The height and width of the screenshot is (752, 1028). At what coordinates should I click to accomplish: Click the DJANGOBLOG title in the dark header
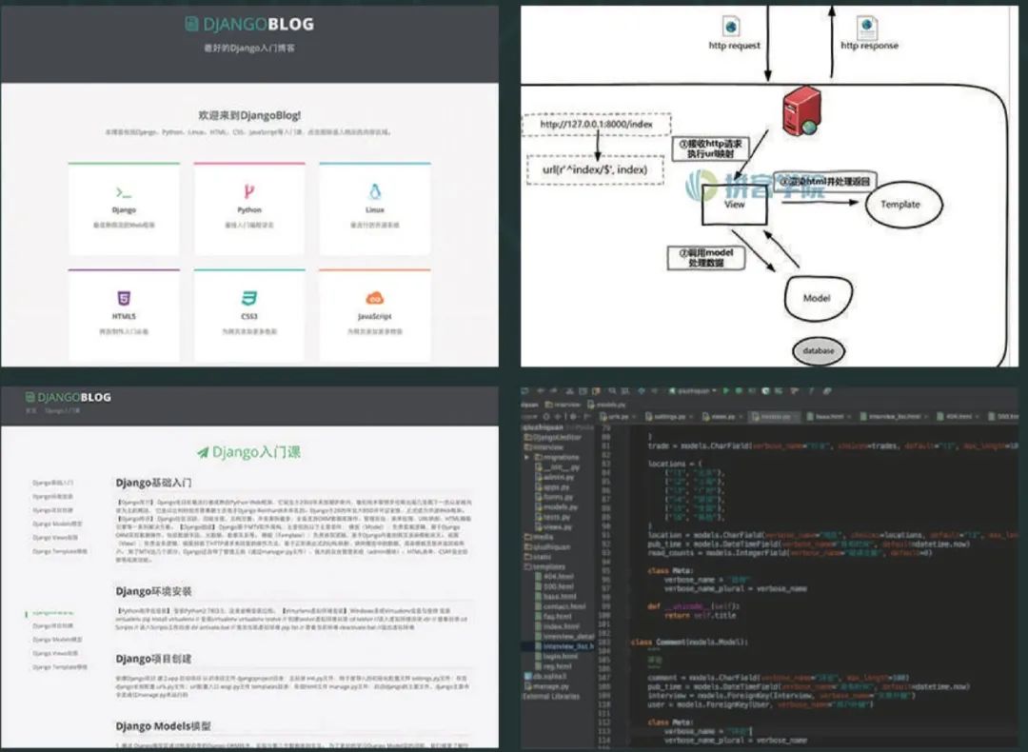pyautogui.click(x=249, y=25)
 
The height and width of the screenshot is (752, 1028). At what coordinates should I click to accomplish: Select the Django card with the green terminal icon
pyautogui.click(x=124, y=208)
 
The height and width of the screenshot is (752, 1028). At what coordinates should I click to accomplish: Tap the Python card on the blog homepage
pyautogui.click(x=249, y=208)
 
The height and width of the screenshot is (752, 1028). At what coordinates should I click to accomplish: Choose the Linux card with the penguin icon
pyautogui.click(x=374, y=208)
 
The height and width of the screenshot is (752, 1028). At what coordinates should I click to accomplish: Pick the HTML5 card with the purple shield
pyautogui.click(x=124, y=314)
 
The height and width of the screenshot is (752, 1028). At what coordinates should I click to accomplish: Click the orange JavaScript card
pyautogui.click(x=374, y=314)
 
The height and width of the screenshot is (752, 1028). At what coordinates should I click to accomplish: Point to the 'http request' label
pyautogui.click(x=735, y=46)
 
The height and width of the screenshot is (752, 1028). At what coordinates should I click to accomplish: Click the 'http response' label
pyautogui.click(x=868, y=46)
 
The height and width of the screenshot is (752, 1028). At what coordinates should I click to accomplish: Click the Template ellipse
pyautogui.click(x=899, y=205)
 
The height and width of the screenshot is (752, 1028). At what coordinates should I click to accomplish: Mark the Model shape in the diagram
pyautogui.click(x=817, y=298)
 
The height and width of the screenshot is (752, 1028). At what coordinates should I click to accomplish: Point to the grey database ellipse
pyautogui.click(x=817, y=350)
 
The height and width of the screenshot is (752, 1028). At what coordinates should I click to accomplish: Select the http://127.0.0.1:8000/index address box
pyautogui.click(x=597, y=124)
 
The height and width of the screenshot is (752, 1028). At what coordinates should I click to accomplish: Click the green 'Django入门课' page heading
pyautogui.click(x=249, y=452)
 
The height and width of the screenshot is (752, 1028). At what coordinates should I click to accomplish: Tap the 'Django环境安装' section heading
pyautogui.click(x=154, y=592)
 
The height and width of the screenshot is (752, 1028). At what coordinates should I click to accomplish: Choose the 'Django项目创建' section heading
pyautogui.click(x=154, y=659)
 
